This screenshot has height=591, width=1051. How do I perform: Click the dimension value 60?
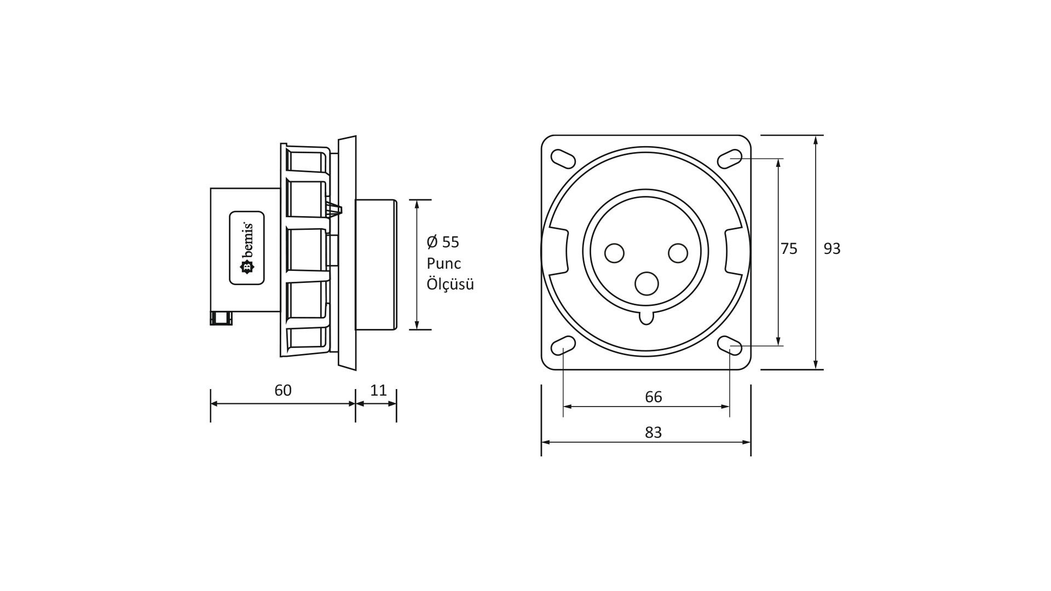(x=283, y=390)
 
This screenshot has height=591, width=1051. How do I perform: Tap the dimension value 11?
(x=378, y=390)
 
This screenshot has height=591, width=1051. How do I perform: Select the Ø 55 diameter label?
(x=443, y=242)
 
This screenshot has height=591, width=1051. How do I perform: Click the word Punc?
(x=444, y=263)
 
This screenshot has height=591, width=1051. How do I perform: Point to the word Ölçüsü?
(x=450, y=285)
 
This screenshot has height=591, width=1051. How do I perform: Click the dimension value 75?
(x=789, y=249)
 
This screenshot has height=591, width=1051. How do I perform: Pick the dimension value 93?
(x=831, y=249)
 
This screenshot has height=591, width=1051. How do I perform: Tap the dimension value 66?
(x=654, y=397)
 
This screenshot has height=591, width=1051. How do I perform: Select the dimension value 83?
(x=653, y=432)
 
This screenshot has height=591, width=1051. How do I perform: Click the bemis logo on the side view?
(x=246, y=248)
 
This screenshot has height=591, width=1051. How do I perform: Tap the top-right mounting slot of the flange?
(x=730, y=159)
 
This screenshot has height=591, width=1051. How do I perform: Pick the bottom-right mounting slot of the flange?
(x=730, y=346)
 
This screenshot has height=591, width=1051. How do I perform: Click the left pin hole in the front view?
(x=614, y=253)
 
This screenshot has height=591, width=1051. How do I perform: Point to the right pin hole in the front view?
(x=678, y=253)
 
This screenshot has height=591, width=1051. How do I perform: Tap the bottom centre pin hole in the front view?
(x=646, y=283)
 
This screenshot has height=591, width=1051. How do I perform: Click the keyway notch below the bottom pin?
(x=646, y=317)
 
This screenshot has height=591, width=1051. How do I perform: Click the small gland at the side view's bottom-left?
(x=221, y=318)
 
